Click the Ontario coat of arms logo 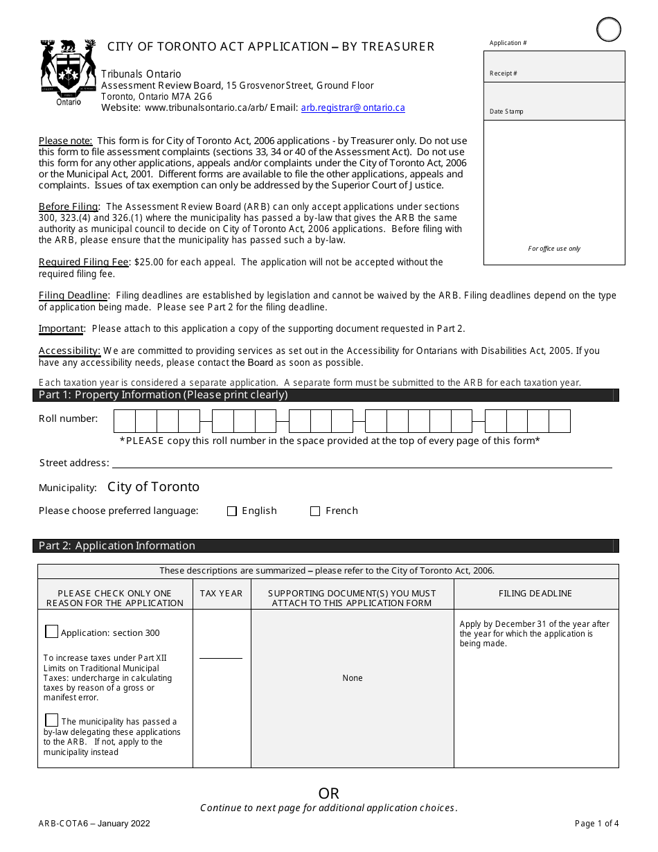(x=68, y=71)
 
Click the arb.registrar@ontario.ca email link (x=353, y=108)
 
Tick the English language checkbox (x=232, y=511)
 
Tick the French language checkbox (x=315, y=511)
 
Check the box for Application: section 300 (x=51, y=632)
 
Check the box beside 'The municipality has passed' (x=51, y=720)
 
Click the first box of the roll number (x=124, y=421)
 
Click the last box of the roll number (x=559, y=421)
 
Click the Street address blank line (x=360, y=463)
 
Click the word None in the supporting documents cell (x=353, y=678)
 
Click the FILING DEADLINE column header (x=535, y=594)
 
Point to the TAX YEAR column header (x=221, y=594)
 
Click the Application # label (x=508, y=43)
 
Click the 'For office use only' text (x=554, y=249)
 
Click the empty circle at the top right (x=609, y=30)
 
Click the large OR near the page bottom (x=329, y=793)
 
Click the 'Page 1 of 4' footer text (x=596, y=824)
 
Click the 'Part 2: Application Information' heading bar (x=326, y=546)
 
